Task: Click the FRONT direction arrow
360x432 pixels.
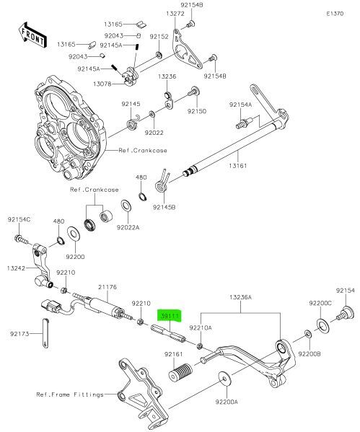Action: [32, 35]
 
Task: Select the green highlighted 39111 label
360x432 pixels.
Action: [170, 316]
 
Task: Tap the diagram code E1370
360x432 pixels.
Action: [335, 14]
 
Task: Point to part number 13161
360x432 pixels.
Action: [237, 166]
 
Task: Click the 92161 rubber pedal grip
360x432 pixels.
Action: [180, 372]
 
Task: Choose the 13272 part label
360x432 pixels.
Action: [175, 14]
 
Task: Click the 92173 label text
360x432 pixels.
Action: [19, 334]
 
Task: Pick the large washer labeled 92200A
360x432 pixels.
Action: [225, 379]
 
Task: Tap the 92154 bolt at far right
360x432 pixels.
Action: [346, 314]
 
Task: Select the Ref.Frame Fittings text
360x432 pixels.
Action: [70, 394]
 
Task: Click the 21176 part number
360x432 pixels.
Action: [107, 287]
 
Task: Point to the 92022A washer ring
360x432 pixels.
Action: [126, 206]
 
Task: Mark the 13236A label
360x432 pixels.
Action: [241, 297]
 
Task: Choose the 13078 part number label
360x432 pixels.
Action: [102, 84]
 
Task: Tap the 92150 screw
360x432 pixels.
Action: [194, 91]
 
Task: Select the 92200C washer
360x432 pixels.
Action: [322, 326]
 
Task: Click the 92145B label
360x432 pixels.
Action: [164, 207]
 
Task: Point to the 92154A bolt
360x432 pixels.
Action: [244, 123]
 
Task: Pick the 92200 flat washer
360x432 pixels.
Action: [74, 234]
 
